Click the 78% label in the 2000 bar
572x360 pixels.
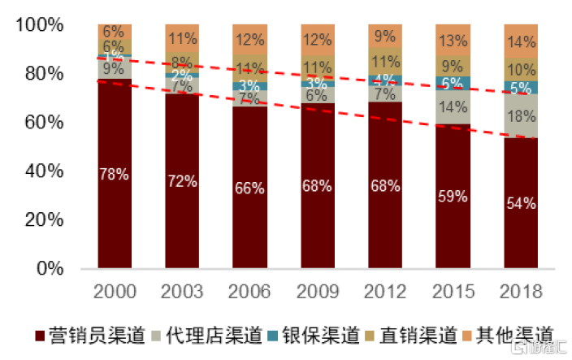(x=115, y=173)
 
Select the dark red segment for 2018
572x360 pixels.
(x=521, y=203)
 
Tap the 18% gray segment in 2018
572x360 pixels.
(x=521, y=115)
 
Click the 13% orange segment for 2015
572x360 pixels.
(x=453, y=40)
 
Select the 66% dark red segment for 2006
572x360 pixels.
(x=249, y=188)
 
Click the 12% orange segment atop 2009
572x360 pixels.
(x=318, y=39)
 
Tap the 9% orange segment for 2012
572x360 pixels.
(x=385, y=36)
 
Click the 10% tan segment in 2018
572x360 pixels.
(x=521, y=70)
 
